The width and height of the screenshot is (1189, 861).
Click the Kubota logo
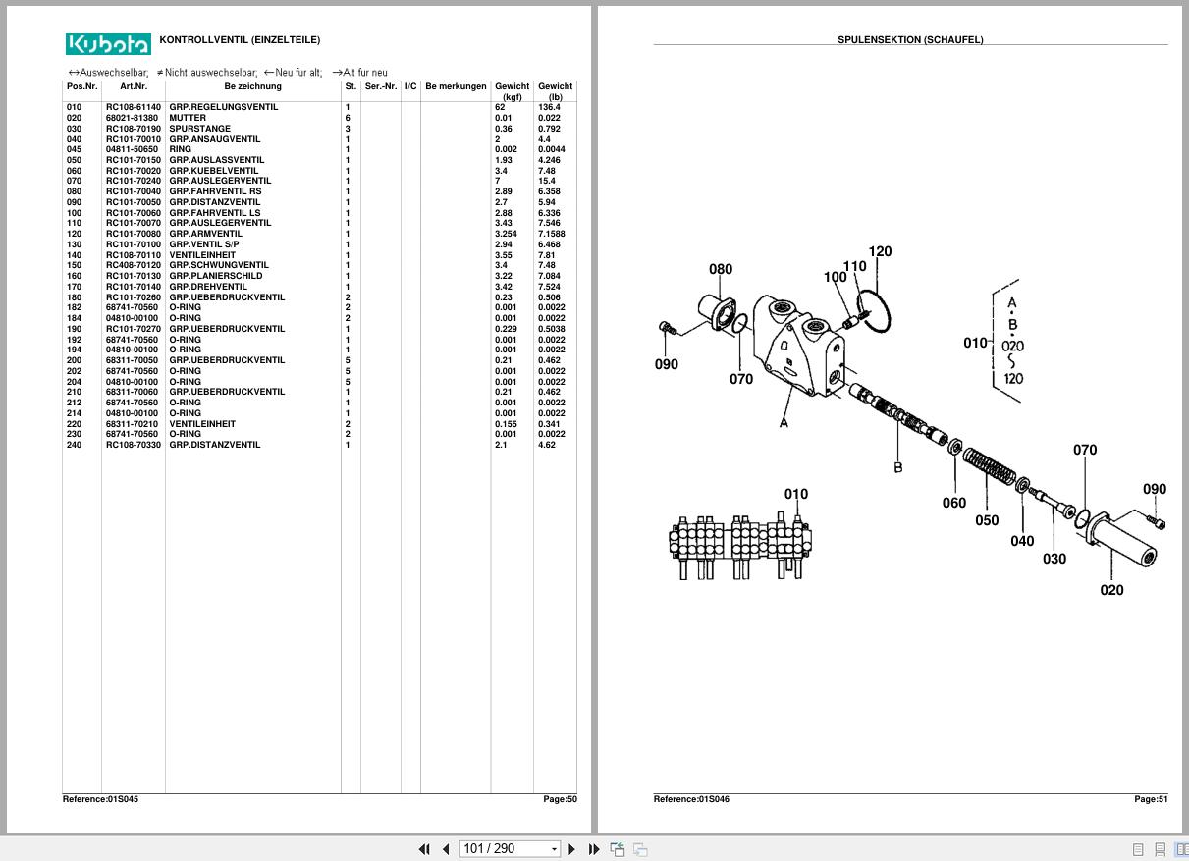coord(108,44)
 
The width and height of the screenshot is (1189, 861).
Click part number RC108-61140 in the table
coord(134,107)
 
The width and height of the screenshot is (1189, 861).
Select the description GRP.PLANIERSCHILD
coord(215,276)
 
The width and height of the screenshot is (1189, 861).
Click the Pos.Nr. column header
coord(81,86)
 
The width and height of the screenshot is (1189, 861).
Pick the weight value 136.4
coord(549,107)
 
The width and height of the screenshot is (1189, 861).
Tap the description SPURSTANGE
coord(199,129)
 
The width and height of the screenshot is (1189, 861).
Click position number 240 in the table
coord(74,445)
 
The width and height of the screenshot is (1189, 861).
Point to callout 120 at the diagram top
coord(880,251)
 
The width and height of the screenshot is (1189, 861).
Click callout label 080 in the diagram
coord(721,269)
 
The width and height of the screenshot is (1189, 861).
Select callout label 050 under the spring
coord(987,520)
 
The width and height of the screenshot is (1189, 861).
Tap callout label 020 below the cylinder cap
coord(1111,590)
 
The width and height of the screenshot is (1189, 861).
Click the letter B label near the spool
coord(897,468)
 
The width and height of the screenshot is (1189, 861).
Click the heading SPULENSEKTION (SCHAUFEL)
coord(910,40)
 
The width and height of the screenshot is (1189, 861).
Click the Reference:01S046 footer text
coord(691,799)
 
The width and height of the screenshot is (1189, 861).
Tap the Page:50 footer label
coord(560,799)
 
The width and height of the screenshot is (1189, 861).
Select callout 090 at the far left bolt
coord(666,364)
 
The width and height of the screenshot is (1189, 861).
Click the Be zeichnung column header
coord(252,86)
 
